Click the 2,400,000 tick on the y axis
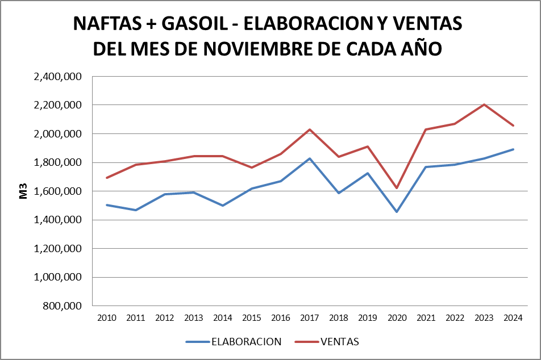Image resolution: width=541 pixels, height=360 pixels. click(x=59, y=77)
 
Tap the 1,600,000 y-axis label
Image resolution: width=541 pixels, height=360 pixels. click(x=59, y=191)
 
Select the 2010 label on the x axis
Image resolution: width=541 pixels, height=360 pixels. click(x=107, y=317)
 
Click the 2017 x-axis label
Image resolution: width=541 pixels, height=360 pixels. click(x=310, y=317)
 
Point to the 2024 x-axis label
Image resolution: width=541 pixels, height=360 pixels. click(x=513, y=317)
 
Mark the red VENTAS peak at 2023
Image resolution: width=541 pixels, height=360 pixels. click(x=484, y=104)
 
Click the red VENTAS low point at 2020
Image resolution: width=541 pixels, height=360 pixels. click(x=397, y=188)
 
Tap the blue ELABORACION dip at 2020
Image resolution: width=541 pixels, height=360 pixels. click(x=397, y=212)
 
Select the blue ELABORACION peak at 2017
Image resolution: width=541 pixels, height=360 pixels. click(x=310, y=158)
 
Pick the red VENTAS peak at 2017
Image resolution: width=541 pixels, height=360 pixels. click(x=310, y=129)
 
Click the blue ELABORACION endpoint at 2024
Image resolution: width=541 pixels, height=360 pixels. click(x=513, y=149)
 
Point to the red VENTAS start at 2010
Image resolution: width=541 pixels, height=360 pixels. click(x=107, y=178)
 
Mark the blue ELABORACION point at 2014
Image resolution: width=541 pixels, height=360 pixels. click(x=223, y=206)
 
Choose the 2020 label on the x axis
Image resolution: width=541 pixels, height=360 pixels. click(x=397, y=317)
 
